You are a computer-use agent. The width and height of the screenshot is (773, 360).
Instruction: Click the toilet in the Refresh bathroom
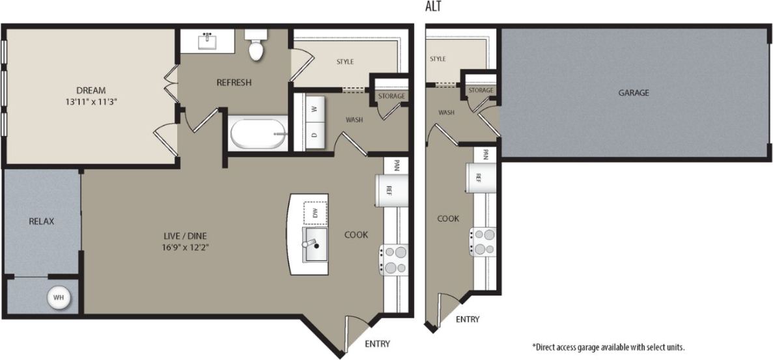257,46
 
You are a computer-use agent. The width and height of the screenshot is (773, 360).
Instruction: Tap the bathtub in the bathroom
258,133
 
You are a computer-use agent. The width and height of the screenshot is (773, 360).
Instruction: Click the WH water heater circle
59,298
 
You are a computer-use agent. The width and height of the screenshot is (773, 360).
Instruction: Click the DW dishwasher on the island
315,213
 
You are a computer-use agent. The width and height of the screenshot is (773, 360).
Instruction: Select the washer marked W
313,109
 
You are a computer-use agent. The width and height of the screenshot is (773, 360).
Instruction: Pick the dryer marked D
313,135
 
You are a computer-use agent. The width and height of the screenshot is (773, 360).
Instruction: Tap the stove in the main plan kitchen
395,259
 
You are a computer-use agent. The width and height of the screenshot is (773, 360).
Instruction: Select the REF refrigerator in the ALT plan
479,178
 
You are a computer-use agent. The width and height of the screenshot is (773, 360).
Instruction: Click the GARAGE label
633,93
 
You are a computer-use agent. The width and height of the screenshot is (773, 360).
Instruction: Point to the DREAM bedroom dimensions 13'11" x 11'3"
91,102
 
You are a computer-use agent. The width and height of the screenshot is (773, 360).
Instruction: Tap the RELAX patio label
42,221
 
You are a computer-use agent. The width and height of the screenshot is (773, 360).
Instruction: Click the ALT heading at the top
433,8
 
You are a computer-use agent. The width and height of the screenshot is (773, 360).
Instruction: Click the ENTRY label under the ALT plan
468,319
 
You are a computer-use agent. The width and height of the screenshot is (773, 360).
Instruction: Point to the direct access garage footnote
608,347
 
